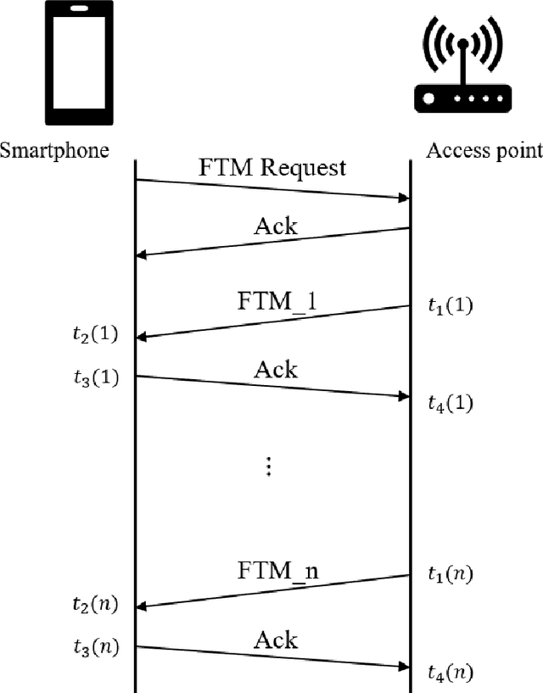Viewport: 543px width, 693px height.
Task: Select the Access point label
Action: click(484, 151)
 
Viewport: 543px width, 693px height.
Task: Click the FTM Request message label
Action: click(273, 167)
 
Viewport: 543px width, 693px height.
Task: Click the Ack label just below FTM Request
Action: click(275, 226)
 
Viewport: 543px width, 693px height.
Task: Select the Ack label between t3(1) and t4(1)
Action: click(275, 369)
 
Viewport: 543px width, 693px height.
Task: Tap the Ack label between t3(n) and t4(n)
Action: click(275, 639)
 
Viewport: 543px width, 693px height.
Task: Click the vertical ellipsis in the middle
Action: click(268, 466)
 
